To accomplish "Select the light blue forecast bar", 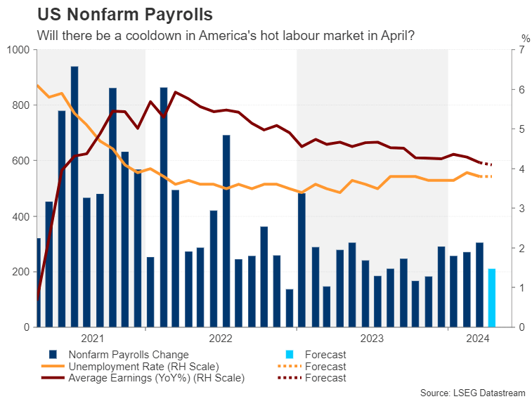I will coord(492,298).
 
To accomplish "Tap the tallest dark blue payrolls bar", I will coord(74,197).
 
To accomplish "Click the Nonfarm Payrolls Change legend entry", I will coord(129,355).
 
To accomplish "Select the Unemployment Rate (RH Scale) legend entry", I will coord(143,366).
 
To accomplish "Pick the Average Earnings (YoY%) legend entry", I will coord(156,377).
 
